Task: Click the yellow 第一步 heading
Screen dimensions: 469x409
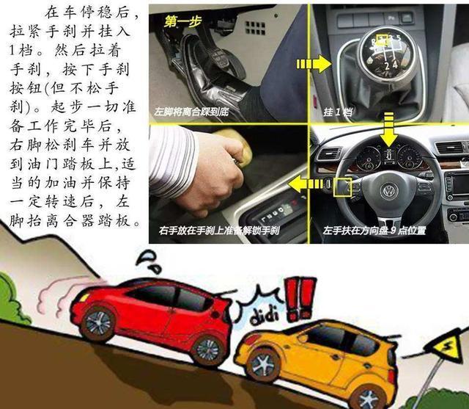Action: (x=182, y=21)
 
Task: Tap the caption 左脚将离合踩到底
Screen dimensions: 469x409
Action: (x=191, y=112)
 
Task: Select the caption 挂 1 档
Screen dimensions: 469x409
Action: (x=337, y=112)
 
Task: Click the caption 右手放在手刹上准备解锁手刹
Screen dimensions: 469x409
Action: (x=219, y=231)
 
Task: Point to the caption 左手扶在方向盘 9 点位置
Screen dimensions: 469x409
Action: (x=374, y=231)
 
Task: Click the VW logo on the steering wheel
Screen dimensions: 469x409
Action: (x=389, y=191)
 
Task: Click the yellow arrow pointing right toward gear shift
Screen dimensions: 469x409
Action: (x=314, y=64)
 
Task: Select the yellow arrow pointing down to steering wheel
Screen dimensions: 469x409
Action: (x=388, y=129)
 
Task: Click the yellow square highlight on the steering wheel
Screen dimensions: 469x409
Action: (x=343, y=187)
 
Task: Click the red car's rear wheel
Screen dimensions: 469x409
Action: (x=207, y=350)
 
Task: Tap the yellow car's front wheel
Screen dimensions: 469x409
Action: (x=263, y=366)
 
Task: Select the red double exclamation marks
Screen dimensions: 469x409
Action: (x=300, y=298)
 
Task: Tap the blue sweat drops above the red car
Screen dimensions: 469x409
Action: (x=149, y=261)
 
